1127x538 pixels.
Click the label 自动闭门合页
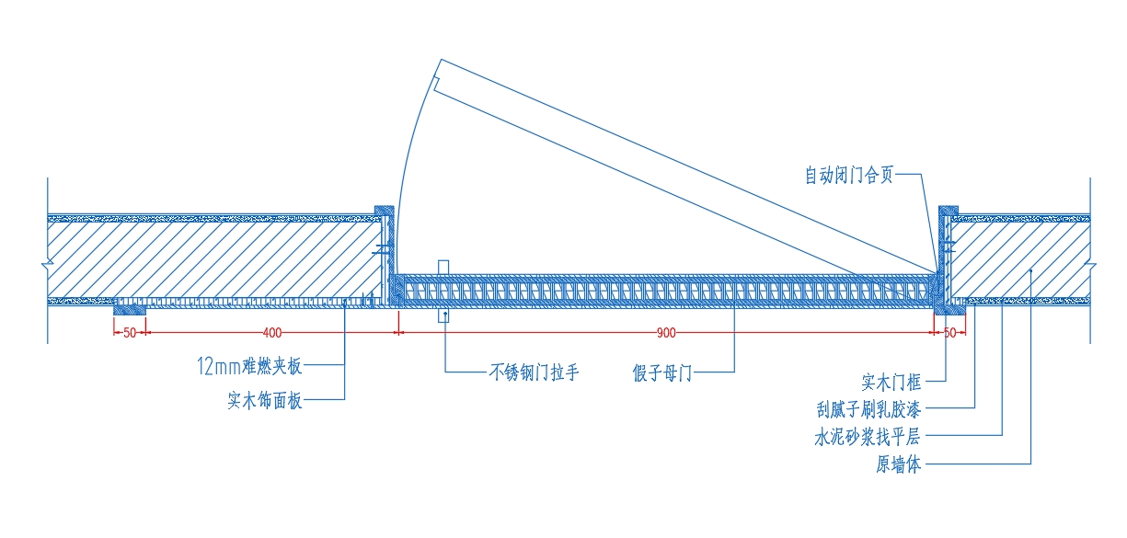849,175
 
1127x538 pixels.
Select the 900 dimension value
666,333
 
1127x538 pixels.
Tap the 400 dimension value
272,333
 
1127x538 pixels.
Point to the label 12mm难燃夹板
249,366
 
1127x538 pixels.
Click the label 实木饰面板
265,400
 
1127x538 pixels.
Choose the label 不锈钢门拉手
534,372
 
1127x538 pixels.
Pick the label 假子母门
662,373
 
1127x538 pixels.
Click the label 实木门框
891,383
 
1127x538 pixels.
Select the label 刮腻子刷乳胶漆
868,409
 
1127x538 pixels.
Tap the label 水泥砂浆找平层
868,437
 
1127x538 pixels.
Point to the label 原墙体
899,464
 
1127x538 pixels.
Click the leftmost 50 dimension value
130,333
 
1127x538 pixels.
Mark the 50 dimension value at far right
949,333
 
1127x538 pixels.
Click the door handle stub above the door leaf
443,268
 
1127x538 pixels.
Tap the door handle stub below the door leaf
443,315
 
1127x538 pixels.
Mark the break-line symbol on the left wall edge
48,263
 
